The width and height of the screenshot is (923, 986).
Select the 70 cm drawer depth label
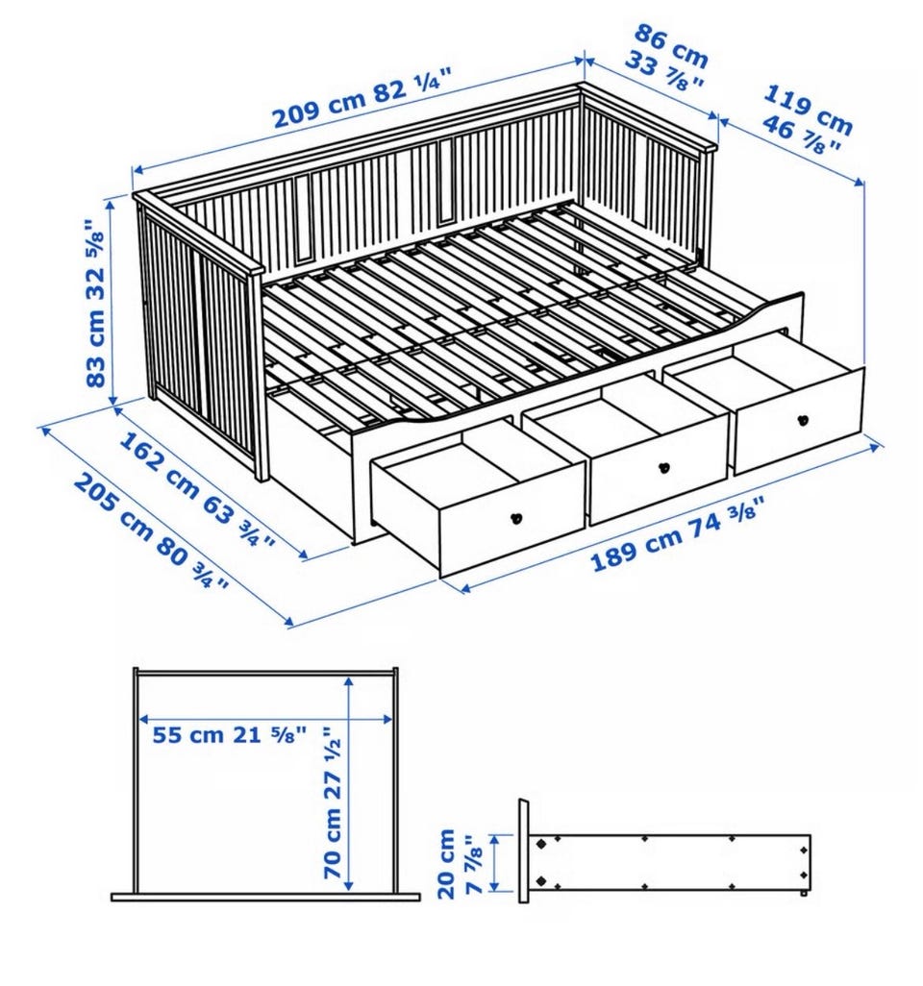[x=333, y=802]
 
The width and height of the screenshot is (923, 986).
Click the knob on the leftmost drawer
[x=516, y=518]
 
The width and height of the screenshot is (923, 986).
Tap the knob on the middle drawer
[x=662, y=468]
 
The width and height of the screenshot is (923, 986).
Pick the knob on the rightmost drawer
[x=802, y=419]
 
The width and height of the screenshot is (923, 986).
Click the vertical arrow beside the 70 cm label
[x=350, y=783]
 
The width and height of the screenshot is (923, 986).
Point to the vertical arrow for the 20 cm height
[x=494, y=862]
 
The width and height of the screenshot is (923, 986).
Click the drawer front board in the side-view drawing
[x=524, y=850]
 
